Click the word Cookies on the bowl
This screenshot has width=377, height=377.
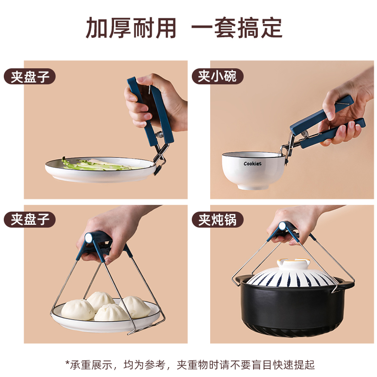(252, 164)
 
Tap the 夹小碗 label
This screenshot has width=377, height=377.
(217, 76)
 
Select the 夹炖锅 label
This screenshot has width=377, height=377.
(217, 220)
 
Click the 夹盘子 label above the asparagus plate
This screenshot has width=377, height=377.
(30, 76)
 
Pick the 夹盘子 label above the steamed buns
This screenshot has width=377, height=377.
(30, 220)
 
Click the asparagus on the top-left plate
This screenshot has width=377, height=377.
(96, 164)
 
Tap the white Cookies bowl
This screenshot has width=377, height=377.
(254, 170)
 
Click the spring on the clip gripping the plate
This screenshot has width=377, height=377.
(159, 135)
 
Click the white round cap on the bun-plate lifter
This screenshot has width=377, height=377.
(89, 238)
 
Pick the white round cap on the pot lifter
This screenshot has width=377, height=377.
(282, 226)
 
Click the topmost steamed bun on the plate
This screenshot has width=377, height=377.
(100, 300)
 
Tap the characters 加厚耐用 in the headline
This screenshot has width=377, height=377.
(131, 28)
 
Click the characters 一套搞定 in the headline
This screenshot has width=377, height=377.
(237, 28)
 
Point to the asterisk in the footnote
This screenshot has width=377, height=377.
(67, 362)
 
